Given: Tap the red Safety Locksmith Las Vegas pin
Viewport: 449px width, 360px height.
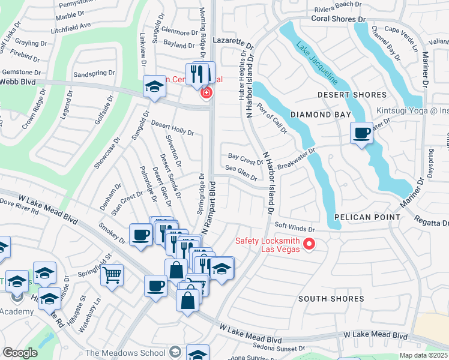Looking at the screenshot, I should click(x=309, y=244).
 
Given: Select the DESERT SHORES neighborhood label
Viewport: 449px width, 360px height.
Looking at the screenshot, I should click(x=352, y=95).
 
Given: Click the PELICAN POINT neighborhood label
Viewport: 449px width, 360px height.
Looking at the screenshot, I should click(x=368, y=217).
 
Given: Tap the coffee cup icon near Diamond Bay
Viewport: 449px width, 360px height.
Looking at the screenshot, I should click(x=361, y=133).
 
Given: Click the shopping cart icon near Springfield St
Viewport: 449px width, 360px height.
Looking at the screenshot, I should click(x=112, y=275).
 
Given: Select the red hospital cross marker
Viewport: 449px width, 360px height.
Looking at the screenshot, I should click(x=206, y=93).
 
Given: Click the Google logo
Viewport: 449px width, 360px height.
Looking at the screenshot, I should click(x=20, y=353).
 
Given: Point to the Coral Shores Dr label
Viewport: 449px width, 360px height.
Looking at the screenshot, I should click(x=338, y=19).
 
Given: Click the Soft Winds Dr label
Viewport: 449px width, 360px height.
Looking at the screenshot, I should click(x=295, y=229).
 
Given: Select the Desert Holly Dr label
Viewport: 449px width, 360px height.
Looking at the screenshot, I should click(x=172, y=128).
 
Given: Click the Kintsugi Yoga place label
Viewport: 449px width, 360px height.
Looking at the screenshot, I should click(x=412, y=111).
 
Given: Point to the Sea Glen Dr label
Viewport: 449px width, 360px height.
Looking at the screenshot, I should click(x=243, y=175).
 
